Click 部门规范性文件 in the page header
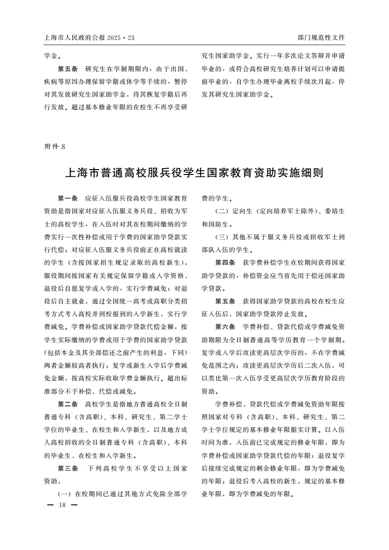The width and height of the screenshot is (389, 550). (321, 37)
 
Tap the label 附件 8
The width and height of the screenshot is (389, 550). (54, 146)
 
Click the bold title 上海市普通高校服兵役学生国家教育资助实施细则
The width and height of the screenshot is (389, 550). (194, 174)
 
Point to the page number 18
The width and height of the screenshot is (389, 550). (62, 504)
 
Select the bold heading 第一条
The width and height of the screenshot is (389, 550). (68, 199)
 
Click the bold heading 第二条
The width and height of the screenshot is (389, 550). (68, 404)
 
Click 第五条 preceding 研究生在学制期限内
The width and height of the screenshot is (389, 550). (68, 68)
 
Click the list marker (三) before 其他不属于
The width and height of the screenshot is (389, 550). (223, 237)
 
